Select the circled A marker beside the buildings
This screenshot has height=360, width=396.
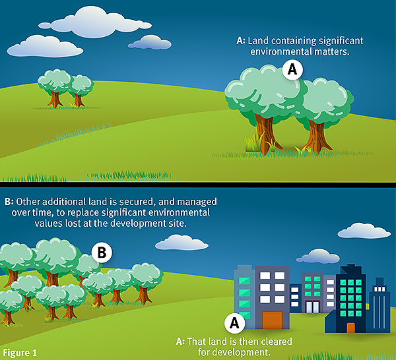(x=233, y=322)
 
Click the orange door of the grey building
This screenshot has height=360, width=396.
(x=272, y=320)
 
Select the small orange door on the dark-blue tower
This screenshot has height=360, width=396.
(x=350, y=328)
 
